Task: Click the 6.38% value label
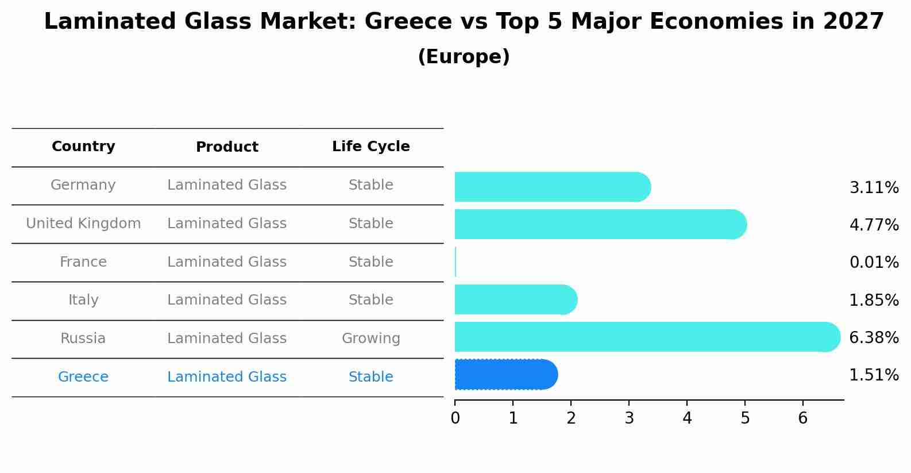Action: pos(874,338)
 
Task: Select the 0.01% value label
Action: pos(874,263)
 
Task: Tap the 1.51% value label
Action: pos(874,375)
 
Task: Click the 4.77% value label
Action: pos(874,225)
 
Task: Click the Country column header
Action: pos(83,147)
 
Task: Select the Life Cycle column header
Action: pos(370,147)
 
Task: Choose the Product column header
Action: pos(227,147)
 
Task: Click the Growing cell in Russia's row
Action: pos(370,339)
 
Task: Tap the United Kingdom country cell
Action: pos(83,224)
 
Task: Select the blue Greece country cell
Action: pos(83,377)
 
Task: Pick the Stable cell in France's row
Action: pos(370,262)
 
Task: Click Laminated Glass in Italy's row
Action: pos(227,300)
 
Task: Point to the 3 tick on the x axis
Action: pos(629,418)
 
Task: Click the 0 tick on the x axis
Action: pos(455,418)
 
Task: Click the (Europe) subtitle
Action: pos(464,57)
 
